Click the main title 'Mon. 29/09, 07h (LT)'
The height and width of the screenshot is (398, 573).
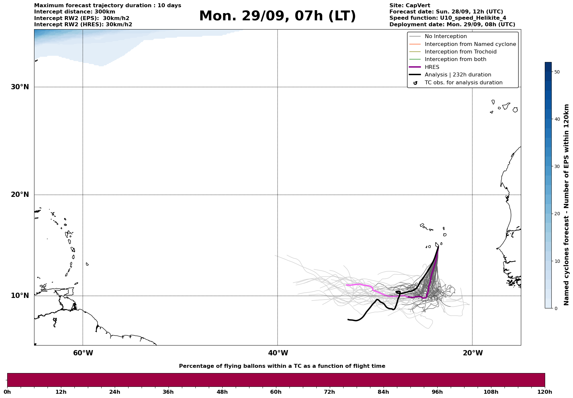277,16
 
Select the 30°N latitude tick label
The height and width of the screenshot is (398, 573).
20,87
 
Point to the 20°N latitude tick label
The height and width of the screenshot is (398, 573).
20,195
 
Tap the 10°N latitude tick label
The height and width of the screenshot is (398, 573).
20,296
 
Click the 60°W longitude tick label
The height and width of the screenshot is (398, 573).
83,353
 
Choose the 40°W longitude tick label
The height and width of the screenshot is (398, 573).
278,353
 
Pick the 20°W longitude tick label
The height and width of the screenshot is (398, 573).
473,353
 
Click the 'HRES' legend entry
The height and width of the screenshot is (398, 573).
432,67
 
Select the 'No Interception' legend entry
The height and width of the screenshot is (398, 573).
445,36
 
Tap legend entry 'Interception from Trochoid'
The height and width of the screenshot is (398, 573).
460,52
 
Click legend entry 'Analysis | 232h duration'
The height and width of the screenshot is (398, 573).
458,75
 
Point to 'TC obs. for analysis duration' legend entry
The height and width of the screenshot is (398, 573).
463,83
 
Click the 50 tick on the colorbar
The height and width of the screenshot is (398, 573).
557,72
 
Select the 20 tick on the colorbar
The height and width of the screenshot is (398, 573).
557,214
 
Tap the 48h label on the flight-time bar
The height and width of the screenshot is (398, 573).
222,392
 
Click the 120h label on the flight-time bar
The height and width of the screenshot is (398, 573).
545,392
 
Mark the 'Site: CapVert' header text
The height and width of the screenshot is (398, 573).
409,6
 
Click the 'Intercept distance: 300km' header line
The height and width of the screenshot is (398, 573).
74,12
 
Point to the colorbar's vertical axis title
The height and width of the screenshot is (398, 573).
566,205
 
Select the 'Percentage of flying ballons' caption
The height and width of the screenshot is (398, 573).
282,366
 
